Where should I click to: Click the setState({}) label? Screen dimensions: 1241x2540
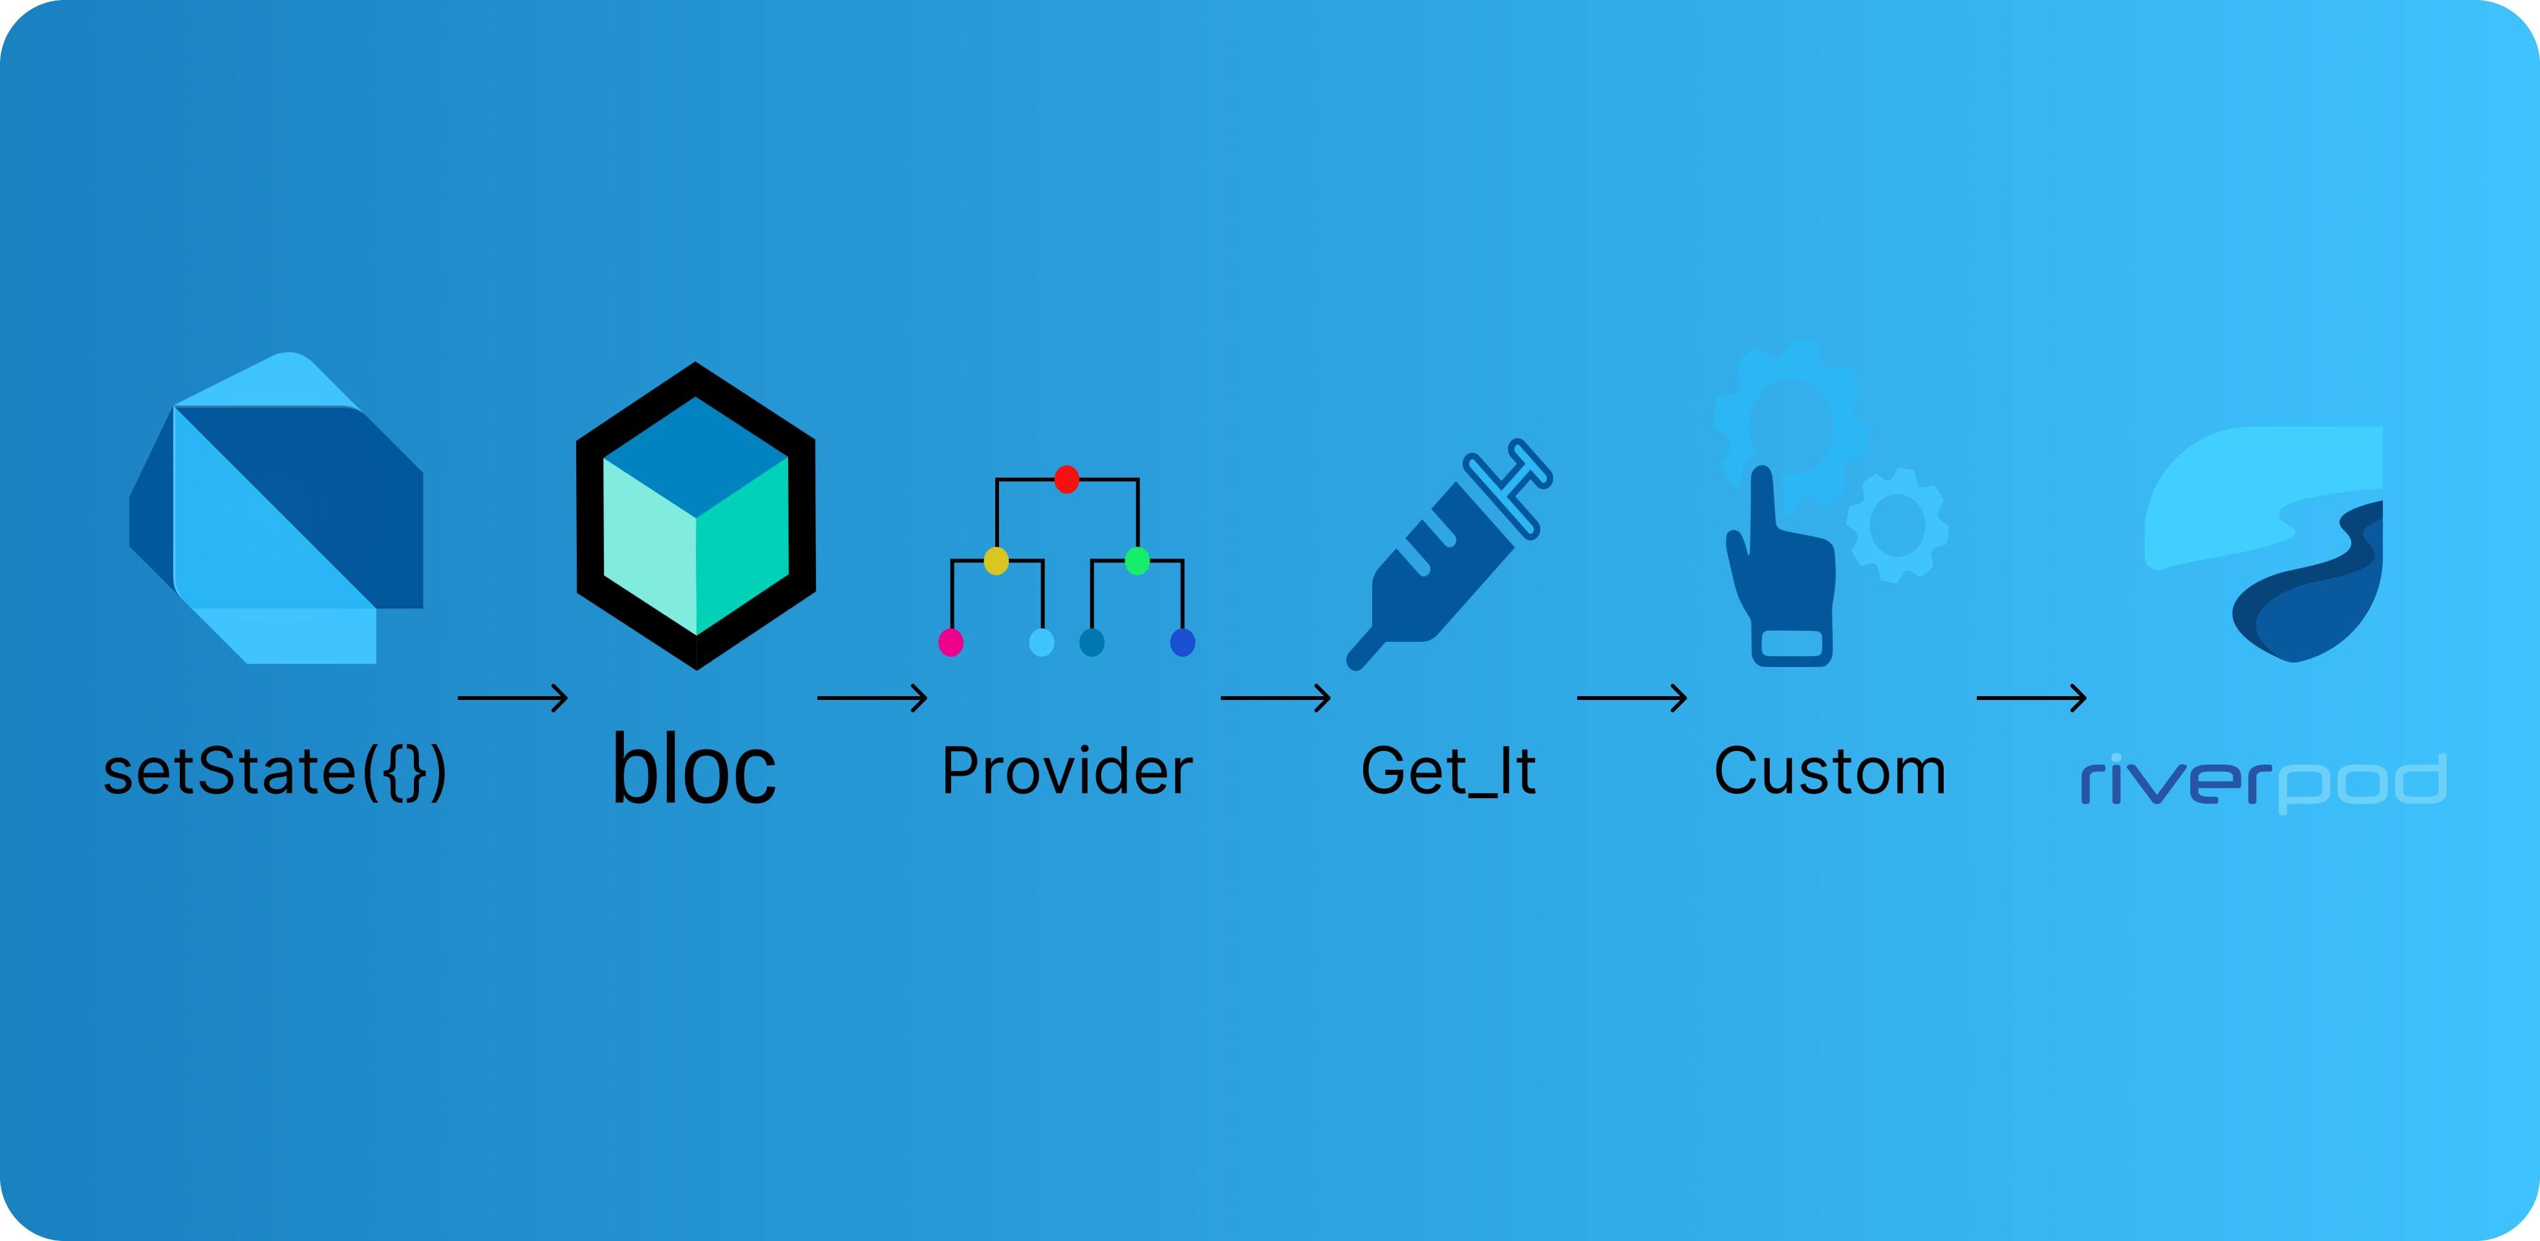click(x=275, y=772)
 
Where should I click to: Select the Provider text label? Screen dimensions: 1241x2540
click(x=1067, y=771)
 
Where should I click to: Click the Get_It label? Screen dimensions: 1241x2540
click(x=1447, y=772)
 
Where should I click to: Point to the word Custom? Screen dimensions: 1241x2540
click(x=1830, y=771)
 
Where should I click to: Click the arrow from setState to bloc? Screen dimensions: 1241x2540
click(x=513, y=698)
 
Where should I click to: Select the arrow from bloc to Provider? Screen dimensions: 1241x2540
click(x=872, y=698)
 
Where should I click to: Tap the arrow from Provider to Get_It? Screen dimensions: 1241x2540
click(x=1275, y=698)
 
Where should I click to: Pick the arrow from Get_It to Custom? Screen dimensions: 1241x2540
click(x=1632, y=698)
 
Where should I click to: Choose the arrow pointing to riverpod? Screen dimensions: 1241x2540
click(x=2031, y=698)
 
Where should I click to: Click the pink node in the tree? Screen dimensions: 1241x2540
click(x=951, y=642)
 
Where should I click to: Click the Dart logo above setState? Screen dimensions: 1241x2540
click(x=277, y=507)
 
